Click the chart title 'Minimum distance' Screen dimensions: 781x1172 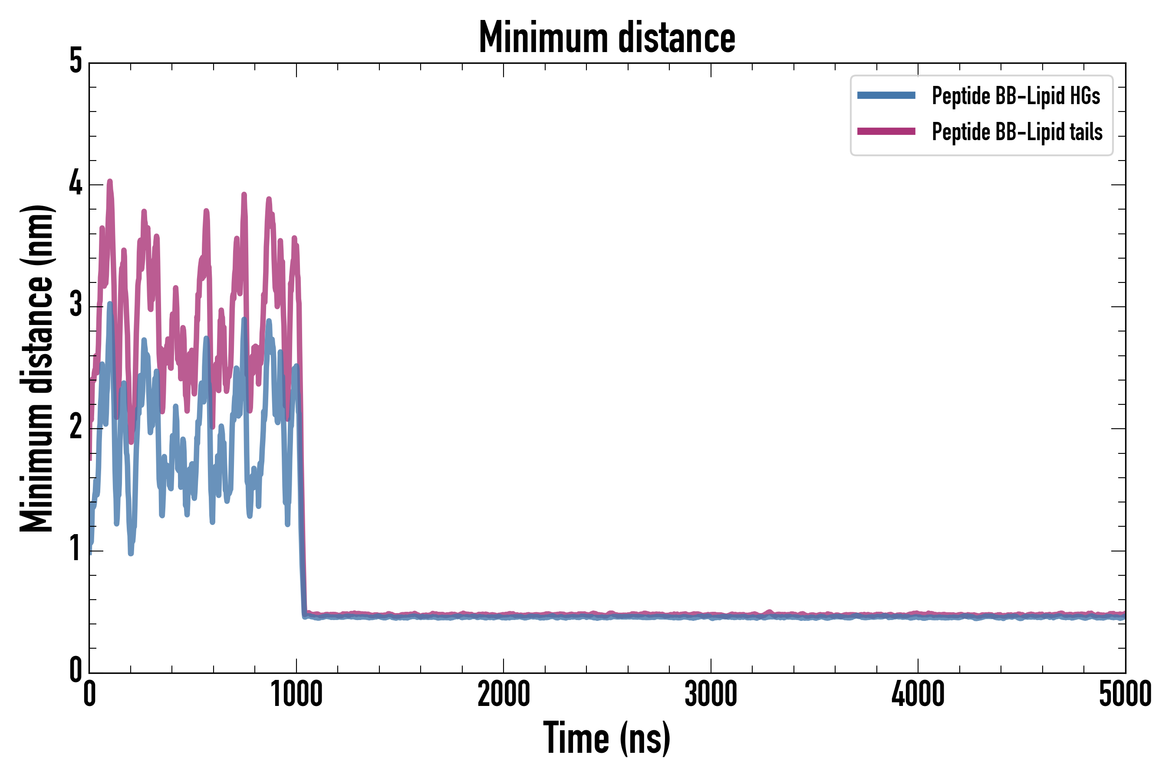click(x=606, y=37)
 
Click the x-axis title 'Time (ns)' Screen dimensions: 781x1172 click(x=606, y=738)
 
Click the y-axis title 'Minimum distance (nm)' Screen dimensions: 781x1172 click(x=36, y=368)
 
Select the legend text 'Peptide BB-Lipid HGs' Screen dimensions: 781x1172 click(x=1016, y=95)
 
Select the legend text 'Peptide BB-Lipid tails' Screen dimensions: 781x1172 click(x=1017, y=132)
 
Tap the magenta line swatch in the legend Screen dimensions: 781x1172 click(x=886, y=131)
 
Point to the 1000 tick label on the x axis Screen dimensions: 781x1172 click(x=296, y=694)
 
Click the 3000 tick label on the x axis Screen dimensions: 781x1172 click(x=711, y=694)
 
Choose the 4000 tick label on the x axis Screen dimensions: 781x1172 click(x=918, y=694)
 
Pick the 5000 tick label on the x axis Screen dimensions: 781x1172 click(x=1125, y=694)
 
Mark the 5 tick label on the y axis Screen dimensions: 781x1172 click(x=76, y=62)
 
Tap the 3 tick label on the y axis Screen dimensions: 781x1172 click(x=76, y=305)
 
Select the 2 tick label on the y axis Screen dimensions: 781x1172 click(x=76, y=427)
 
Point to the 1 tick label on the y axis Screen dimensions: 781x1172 click(x=76, y=549)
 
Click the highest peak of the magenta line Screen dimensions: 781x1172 click(x=110, y=182)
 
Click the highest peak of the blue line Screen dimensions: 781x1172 click(x=110, y=304)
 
